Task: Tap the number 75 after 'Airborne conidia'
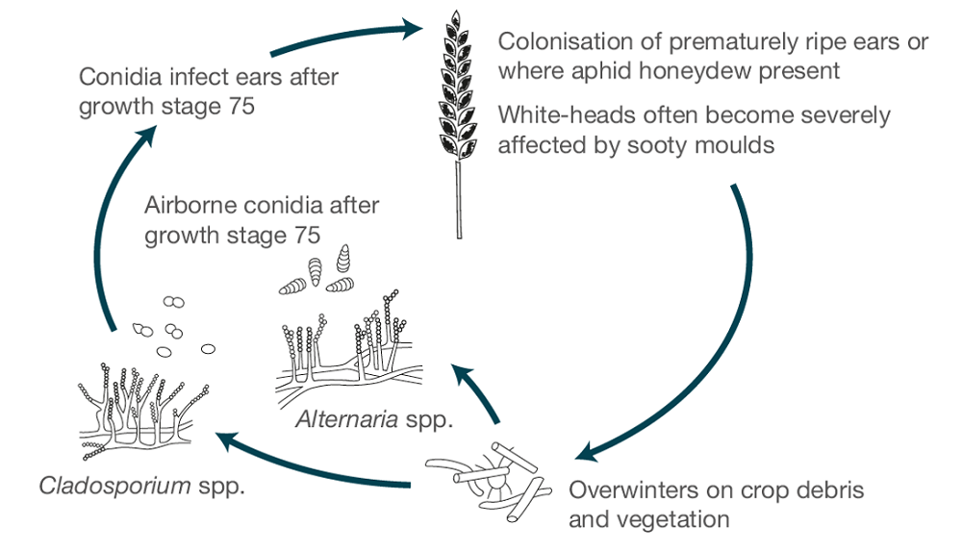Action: point(303,235)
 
